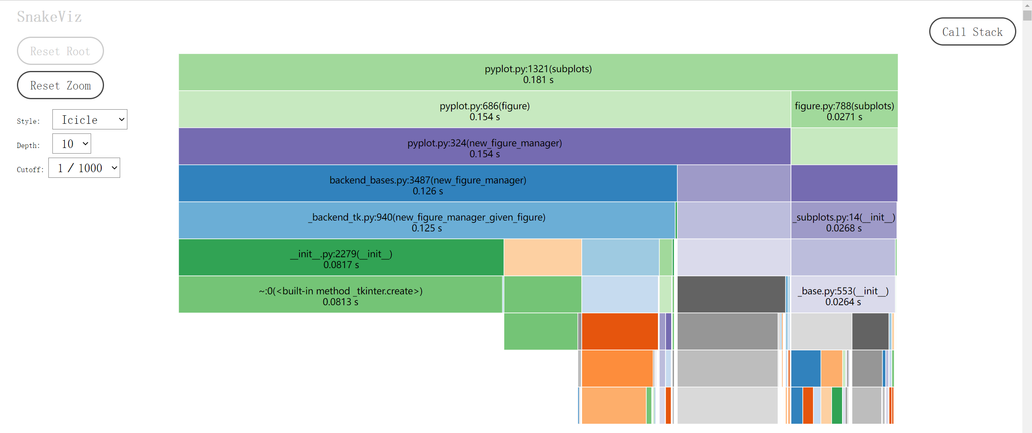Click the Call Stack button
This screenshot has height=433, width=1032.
pyautogui.click(x=972, y=32)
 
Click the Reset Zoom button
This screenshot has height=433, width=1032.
pyautogui.click(x=60, y=85)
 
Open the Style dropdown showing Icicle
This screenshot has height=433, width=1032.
pyautogui.click(x=90, y=120)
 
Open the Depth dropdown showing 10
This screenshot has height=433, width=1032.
pyautogui.click(x=72, y=144)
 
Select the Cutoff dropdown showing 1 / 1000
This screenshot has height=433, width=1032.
pyautogui.click(x=84, y=168)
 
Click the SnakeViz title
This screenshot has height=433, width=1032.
pyautogui.click(x=49, y=17)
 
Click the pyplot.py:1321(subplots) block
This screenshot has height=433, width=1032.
pyautogui.click(x=538, y=69)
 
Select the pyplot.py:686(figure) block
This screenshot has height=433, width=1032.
pyautogui.click(x=484, y=106)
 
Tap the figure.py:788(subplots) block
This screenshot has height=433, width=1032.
pyautogui.click(x=844, y=106)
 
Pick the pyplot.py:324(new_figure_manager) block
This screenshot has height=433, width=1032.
pyautogui.click(x=484, y=143)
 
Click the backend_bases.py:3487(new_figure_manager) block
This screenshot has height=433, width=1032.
pyautogui.click(x=427, y=180)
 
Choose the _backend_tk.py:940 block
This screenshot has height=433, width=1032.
pyautogui.click(x=427, y=217)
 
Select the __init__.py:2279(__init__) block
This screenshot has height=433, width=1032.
pyautogui.click(x=341, y=254)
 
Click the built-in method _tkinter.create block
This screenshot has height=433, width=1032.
pyautogui.click(x=340, y=291)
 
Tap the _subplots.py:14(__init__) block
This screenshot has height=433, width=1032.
pyautogui.click(x=843, y=217)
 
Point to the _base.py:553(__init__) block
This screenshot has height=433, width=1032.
pyautogui.click(x=843, y=291)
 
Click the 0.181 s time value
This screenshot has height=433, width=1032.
pyautogui.click(x=538, y=80)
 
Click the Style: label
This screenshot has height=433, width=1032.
pyautogui.click(x=28, y=121)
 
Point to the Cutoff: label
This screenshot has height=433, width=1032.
pyautogui.click(x=30, y=170)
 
